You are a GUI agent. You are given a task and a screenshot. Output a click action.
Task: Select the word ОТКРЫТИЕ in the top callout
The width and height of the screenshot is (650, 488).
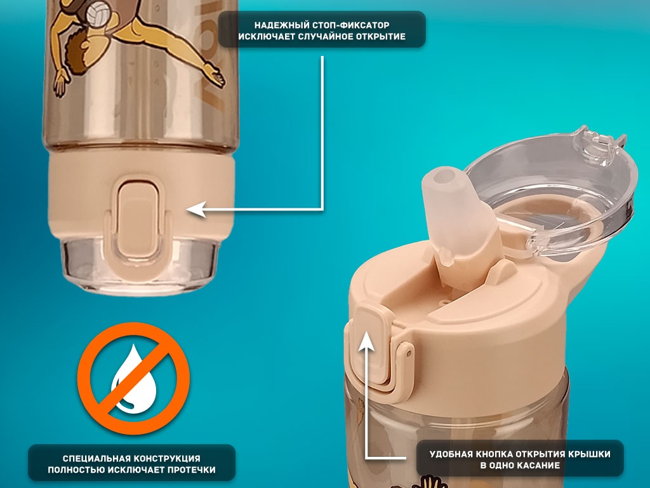[x=380, y=36]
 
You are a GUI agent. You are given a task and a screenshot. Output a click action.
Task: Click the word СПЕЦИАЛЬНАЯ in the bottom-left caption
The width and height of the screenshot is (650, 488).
[x=96, y=459]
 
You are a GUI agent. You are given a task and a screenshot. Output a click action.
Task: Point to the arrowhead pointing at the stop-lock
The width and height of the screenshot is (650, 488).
[x=196, y=210]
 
